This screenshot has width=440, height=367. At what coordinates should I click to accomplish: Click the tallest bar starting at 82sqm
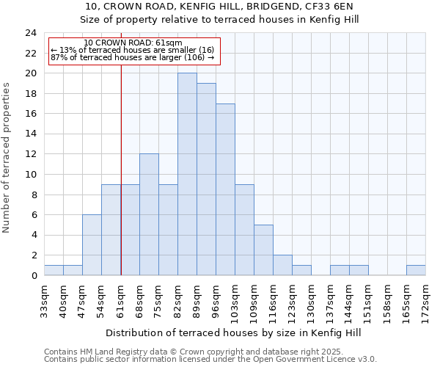(x=187, y=174)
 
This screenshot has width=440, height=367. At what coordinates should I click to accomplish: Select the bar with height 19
(x=206, y=179)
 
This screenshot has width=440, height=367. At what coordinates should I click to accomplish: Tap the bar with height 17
(x=225, y=189)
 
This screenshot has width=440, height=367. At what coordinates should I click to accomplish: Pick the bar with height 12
(x=149, y=214)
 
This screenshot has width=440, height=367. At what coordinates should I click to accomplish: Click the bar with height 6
(x=92, y=245)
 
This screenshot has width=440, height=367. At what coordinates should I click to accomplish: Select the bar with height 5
(x=263, y=250)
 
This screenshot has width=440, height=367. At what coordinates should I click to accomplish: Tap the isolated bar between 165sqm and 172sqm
(x=416, y=270)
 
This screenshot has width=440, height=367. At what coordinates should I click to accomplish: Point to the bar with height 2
(x=282, y=265)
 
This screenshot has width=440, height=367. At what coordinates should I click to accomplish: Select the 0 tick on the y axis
(x=34, y=276)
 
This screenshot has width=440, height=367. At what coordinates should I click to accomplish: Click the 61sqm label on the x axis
(x=121, y=297)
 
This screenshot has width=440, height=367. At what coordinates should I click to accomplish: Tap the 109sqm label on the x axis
(x=254, y=299)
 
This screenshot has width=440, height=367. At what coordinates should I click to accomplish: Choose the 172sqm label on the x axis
(x=426, y=299)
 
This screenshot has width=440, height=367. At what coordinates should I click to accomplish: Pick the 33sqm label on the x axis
(x=45, y=297)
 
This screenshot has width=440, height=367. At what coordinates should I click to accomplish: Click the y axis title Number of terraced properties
(x=7, y=157)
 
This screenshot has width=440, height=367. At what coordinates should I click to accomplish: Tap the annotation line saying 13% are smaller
(x=132, y=50)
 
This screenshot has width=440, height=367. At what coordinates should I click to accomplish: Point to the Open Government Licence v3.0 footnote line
(x=210, y=360)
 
